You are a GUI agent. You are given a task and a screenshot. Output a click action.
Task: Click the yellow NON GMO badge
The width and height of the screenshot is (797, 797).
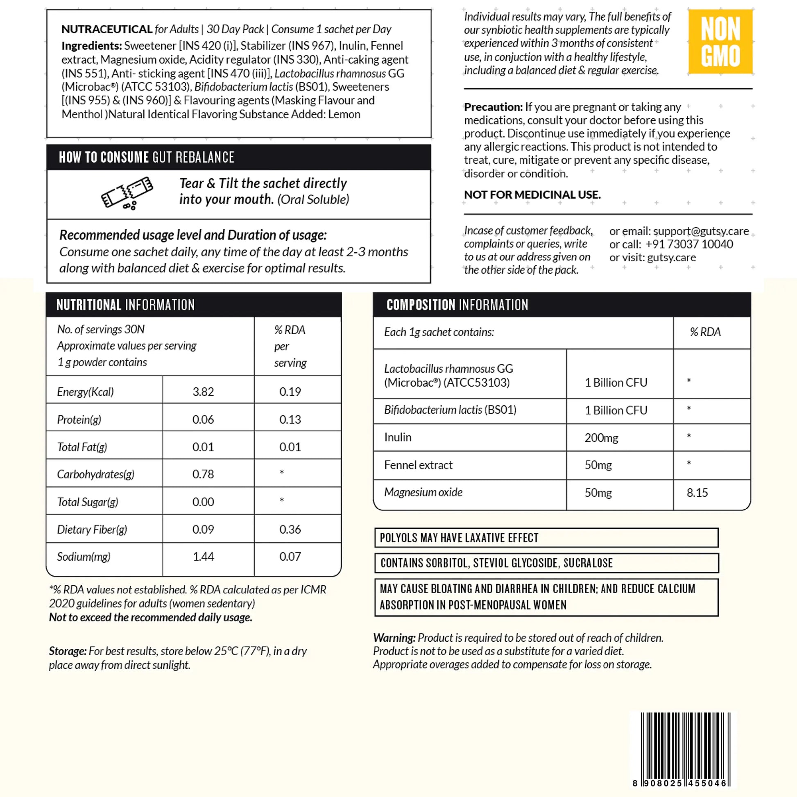pyautogui.click(x=720, y=42)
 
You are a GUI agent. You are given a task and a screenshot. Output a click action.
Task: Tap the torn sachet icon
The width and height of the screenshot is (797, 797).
pyautogui.click(x=127, y=193)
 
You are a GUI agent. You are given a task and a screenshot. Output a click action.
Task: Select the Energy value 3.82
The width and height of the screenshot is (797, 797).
pyautogui.click(x=203, y=392)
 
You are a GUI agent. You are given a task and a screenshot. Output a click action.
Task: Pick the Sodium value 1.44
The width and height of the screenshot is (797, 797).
pyautogui.click(x=203, y=557)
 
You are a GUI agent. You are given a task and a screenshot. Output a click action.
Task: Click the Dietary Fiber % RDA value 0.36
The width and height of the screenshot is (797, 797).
pyautogui.click(x=290, y=529)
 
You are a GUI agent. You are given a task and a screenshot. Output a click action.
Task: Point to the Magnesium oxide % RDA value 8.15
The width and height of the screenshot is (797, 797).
pyautogui.click(x=697, y=493)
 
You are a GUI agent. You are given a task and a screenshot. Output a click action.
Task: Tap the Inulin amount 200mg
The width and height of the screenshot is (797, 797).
pyautogui.click(x=601, y=438)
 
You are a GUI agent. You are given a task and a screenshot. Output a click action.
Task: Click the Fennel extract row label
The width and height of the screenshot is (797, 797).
pyautogui.click(x=418, y=465)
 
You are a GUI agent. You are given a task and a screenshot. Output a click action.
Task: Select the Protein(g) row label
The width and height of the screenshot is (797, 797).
pyautogui.click(x=79, y=419)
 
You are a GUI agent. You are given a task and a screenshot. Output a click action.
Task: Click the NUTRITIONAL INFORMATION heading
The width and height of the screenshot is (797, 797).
pyautogui.click(x=125, y=305)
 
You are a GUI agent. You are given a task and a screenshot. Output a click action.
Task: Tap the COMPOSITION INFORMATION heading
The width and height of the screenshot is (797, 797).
pyautogui.click(x=457, y=305)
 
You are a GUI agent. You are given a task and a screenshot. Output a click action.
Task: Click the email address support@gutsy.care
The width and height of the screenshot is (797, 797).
pyautogui.click(x=701, y=231)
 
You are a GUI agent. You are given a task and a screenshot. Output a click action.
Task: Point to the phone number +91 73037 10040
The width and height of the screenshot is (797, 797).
pyautogui.click(x=689, y=244)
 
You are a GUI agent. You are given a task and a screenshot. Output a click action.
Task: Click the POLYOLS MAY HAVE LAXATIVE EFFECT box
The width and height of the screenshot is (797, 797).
pyautogui.click(x=546, y=538)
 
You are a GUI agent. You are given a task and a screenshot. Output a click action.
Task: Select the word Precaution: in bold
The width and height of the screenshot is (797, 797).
pyautogui.click(x=493, y=107)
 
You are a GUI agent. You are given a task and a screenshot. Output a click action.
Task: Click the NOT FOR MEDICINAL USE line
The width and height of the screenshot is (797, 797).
pyautogui.click(x=532, y=195)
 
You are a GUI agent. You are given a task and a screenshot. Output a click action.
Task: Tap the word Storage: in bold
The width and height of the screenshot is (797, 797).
pyautogui.click(x=68, y=651)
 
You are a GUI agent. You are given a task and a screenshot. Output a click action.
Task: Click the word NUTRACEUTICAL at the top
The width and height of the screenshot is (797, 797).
pyautogui.click(x=107, y=29)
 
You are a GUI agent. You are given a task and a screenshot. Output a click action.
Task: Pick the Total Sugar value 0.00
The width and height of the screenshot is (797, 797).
pyautogui.click(x=203, y=502)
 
